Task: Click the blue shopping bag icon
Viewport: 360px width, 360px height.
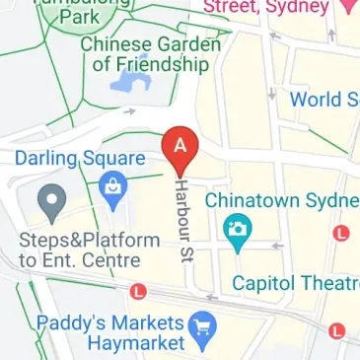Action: point(115,187)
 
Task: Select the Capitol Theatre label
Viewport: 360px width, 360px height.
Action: point(295,284)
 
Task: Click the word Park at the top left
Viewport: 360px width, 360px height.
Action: point(78,17)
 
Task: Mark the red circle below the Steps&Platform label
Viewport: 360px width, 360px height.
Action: point(138,291)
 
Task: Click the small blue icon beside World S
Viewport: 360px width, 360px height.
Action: point(272,98)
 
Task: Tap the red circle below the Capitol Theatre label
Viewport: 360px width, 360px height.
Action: point(339,330)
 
